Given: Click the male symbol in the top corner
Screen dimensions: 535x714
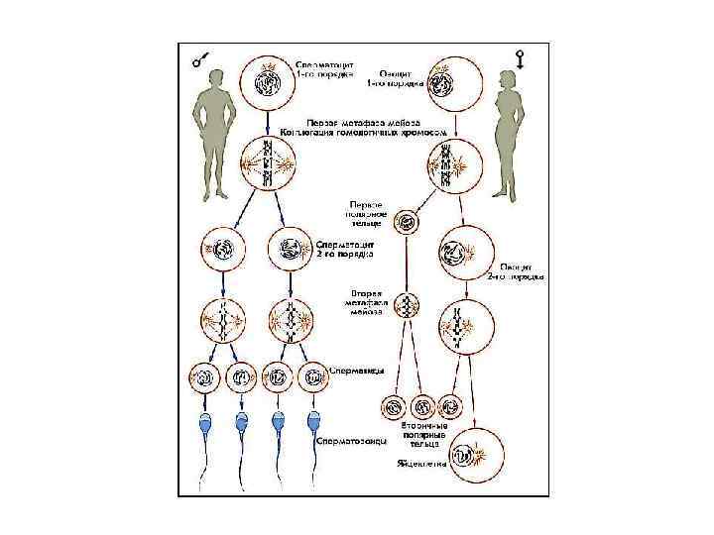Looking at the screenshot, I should (201, 61).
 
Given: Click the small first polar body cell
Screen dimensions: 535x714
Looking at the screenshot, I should (405, 222).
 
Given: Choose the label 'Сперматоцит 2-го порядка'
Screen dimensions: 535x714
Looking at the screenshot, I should (344, 248).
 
